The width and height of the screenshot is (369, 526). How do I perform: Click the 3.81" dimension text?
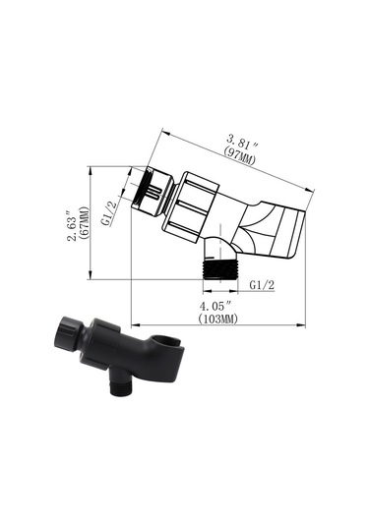(243, 143)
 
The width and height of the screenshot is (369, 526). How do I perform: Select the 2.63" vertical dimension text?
(73, 226)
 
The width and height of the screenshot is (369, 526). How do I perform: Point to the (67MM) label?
(85, 223)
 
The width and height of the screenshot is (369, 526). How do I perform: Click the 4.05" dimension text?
(215, 306)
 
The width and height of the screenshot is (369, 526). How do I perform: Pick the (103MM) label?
(217, 319)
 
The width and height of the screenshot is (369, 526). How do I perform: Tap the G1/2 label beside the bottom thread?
(262, 285)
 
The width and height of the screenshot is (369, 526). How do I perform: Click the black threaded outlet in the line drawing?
(220, 269)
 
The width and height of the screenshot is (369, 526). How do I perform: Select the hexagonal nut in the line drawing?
(190, 207)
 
